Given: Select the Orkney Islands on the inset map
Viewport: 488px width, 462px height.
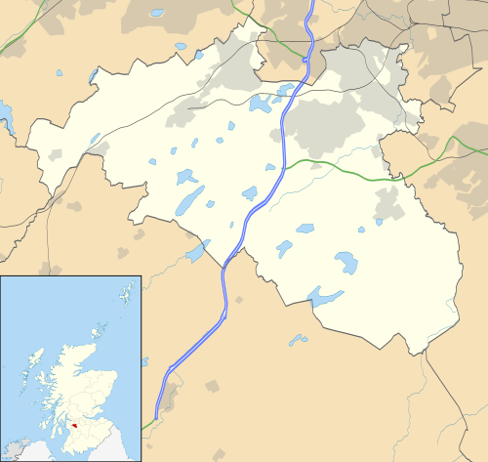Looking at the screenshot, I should pyautogui.click(x=99, y=323).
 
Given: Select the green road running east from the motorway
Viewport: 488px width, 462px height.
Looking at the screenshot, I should pyautogui.click(x=342, y=166).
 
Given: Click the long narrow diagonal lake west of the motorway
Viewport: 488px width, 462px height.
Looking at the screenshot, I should pyautogui.click(x=191, y=200).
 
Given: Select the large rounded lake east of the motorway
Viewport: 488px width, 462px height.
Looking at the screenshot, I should pyautogui.click(x=346, y=262).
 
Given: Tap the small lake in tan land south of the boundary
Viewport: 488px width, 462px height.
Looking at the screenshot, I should pyautogui.click(x=298, y=340).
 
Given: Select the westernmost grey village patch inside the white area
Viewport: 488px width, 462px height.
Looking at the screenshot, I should pyautogui.click(x=55, y=155).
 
